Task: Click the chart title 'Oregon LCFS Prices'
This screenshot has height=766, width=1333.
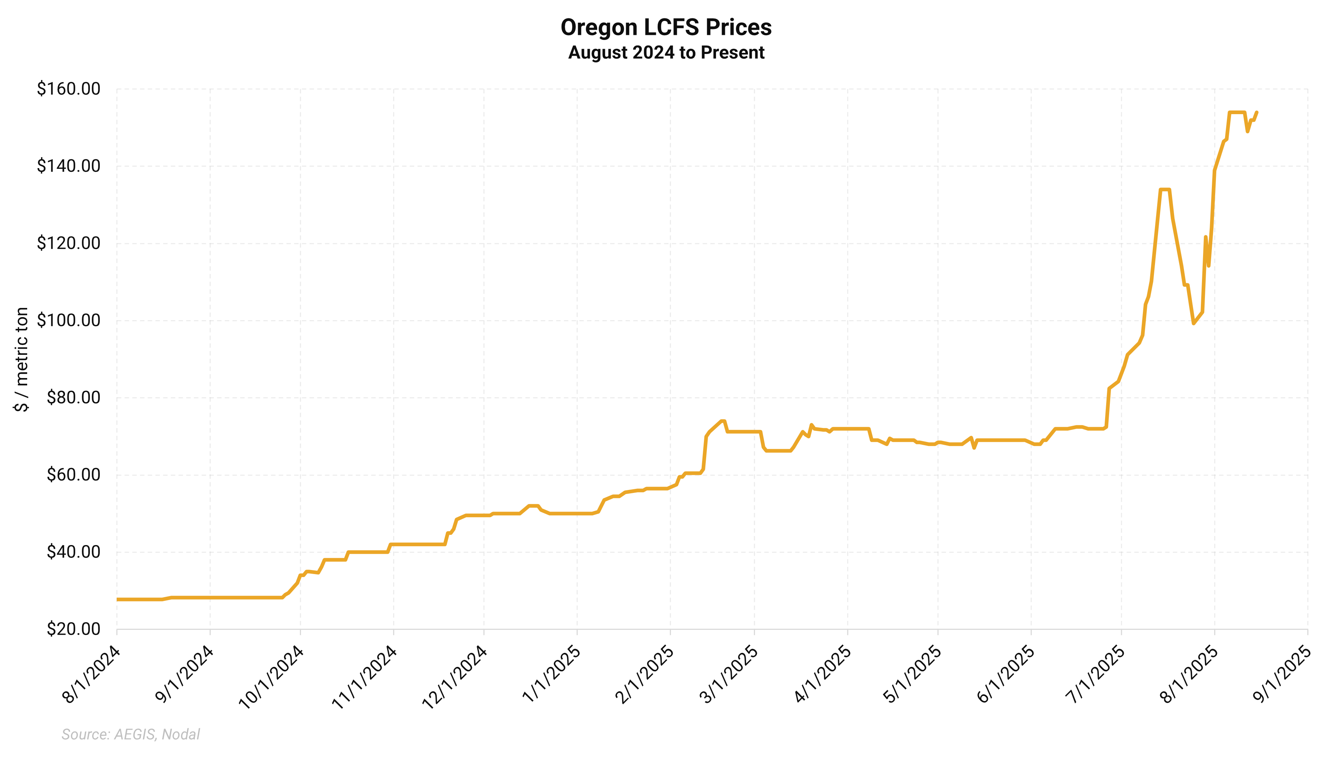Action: tap(666, 28)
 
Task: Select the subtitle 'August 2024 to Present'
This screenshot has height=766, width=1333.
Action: tap(666, 52)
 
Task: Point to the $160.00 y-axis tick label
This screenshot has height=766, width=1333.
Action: tap(68, 89)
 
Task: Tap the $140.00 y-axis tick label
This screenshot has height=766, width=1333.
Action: tap(68, 166)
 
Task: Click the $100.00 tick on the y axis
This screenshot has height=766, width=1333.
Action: tap(68, 320)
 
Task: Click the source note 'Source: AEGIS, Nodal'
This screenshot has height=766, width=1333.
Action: tap(130, 734)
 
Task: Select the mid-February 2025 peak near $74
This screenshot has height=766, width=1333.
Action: tap(723, 421)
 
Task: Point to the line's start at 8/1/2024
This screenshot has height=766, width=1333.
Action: tap(117, 599)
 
